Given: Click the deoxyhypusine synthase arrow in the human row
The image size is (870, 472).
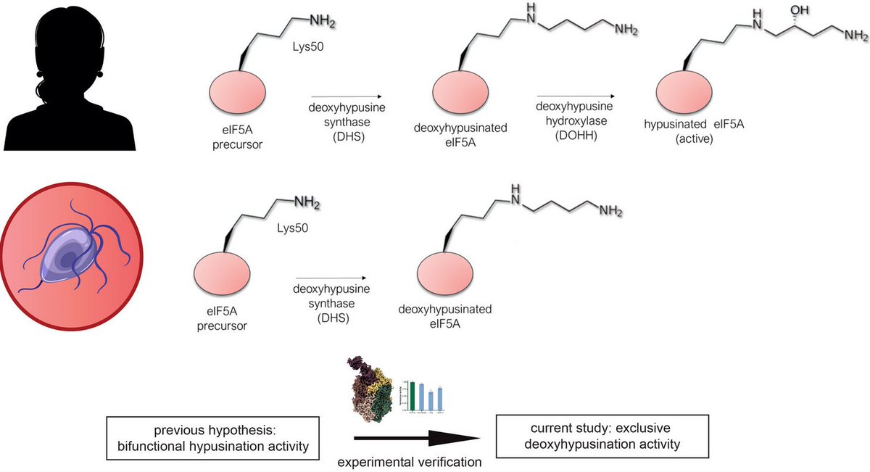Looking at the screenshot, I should point(347,96).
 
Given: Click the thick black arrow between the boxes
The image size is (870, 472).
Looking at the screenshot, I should point(417,438).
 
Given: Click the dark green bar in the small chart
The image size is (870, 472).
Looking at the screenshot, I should point(413,395).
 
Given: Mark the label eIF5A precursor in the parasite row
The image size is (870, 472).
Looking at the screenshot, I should point(221,320).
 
